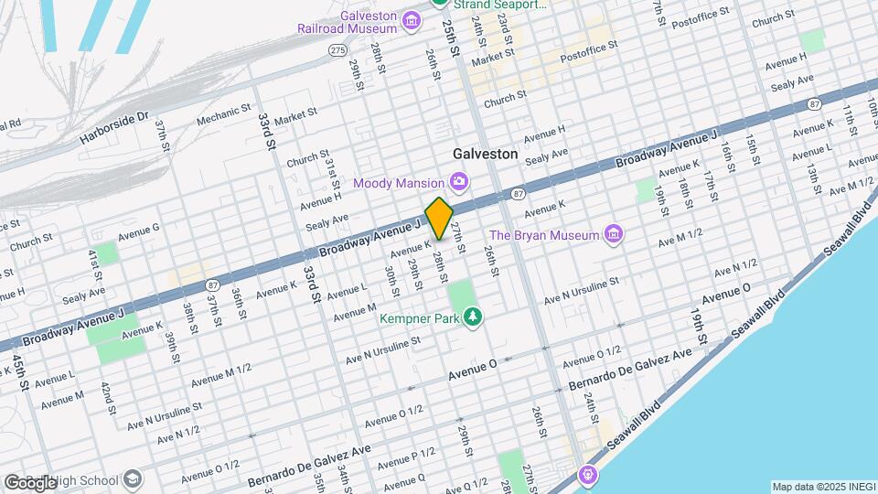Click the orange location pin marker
[439, 218]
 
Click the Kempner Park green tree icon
[473, 317]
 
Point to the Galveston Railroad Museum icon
[412, 20]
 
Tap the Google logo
[30, 483]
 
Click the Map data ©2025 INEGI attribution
[821, 486]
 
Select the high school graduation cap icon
[134, 479]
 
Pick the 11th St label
[850, 121]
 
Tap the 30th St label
[391, 281]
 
